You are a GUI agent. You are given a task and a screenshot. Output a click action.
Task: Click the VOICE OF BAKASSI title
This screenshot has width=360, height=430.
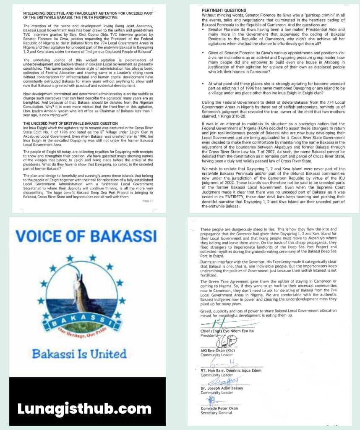click(x=86, y=236)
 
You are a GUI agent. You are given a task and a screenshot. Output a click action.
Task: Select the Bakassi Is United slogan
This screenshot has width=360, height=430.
click(x=79, y=354)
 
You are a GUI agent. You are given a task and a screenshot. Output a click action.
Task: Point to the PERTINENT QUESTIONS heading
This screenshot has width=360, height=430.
click(x=224, y=10)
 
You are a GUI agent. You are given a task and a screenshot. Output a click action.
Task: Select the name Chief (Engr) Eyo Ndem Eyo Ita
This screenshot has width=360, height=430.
click(x=228, y=331)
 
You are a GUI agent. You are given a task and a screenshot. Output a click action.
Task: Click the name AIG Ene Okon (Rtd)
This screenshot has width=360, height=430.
click(x=218, y=351)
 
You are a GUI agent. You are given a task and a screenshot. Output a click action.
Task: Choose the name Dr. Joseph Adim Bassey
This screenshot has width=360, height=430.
click(x=222, y=388)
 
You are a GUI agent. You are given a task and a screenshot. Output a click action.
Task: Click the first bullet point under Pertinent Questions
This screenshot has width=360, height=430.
click(x=204, y=30)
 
